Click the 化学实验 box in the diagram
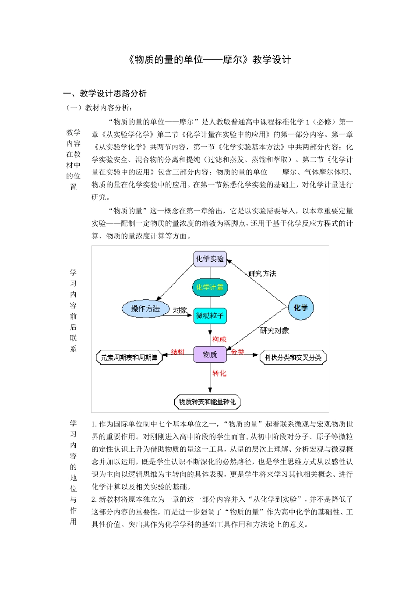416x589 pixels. pyautogui.click(x=210, y=259)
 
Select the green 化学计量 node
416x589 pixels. pyautogui.click(x=210, y=287)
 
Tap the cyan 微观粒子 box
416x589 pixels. pyautogui.click(x=210, y=316)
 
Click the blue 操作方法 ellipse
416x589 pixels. pyautogui.click(x=145, y=309)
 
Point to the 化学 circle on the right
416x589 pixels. pyautogui.click(x=301, y=308)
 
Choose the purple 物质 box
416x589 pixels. pyautogui.click(x=210, y=354)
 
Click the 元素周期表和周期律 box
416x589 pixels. pyautogui.click(x=129, y=358)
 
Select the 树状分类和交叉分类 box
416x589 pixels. pyautogui.click(x=293, y=358)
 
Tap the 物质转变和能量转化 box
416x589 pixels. pyautogui.click(x=208, y=402)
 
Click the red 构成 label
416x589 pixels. pyautogui.click(x=219, y=339)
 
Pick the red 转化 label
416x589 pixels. pyautogui.click(x=219, y=373)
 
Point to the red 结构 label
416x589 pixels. pyautogui.click(x=177, y=352)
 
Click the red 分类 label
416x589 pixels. pyautogui.click(x=237, y=352)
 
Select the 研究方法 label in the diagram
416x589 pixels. pyautogui.click(x=262, y=274)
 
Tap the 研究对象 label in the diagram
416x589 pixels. pyautogui.click(x=275, y=331)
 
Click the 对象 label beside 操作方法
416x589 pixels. pyautogui.click(x=180, y=310)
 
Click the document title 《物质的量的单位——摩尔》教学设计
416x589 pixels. pyautogui.click(x=209, y=60)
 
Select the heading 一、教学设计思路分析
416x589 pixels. pyautogui.click(x=105, y=93)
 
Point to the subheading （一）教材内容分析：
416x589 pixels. pyautogui.click(x=99, y=108)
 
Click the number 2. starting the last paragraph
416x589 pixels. pyautogui.click(x=94, y=500)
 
